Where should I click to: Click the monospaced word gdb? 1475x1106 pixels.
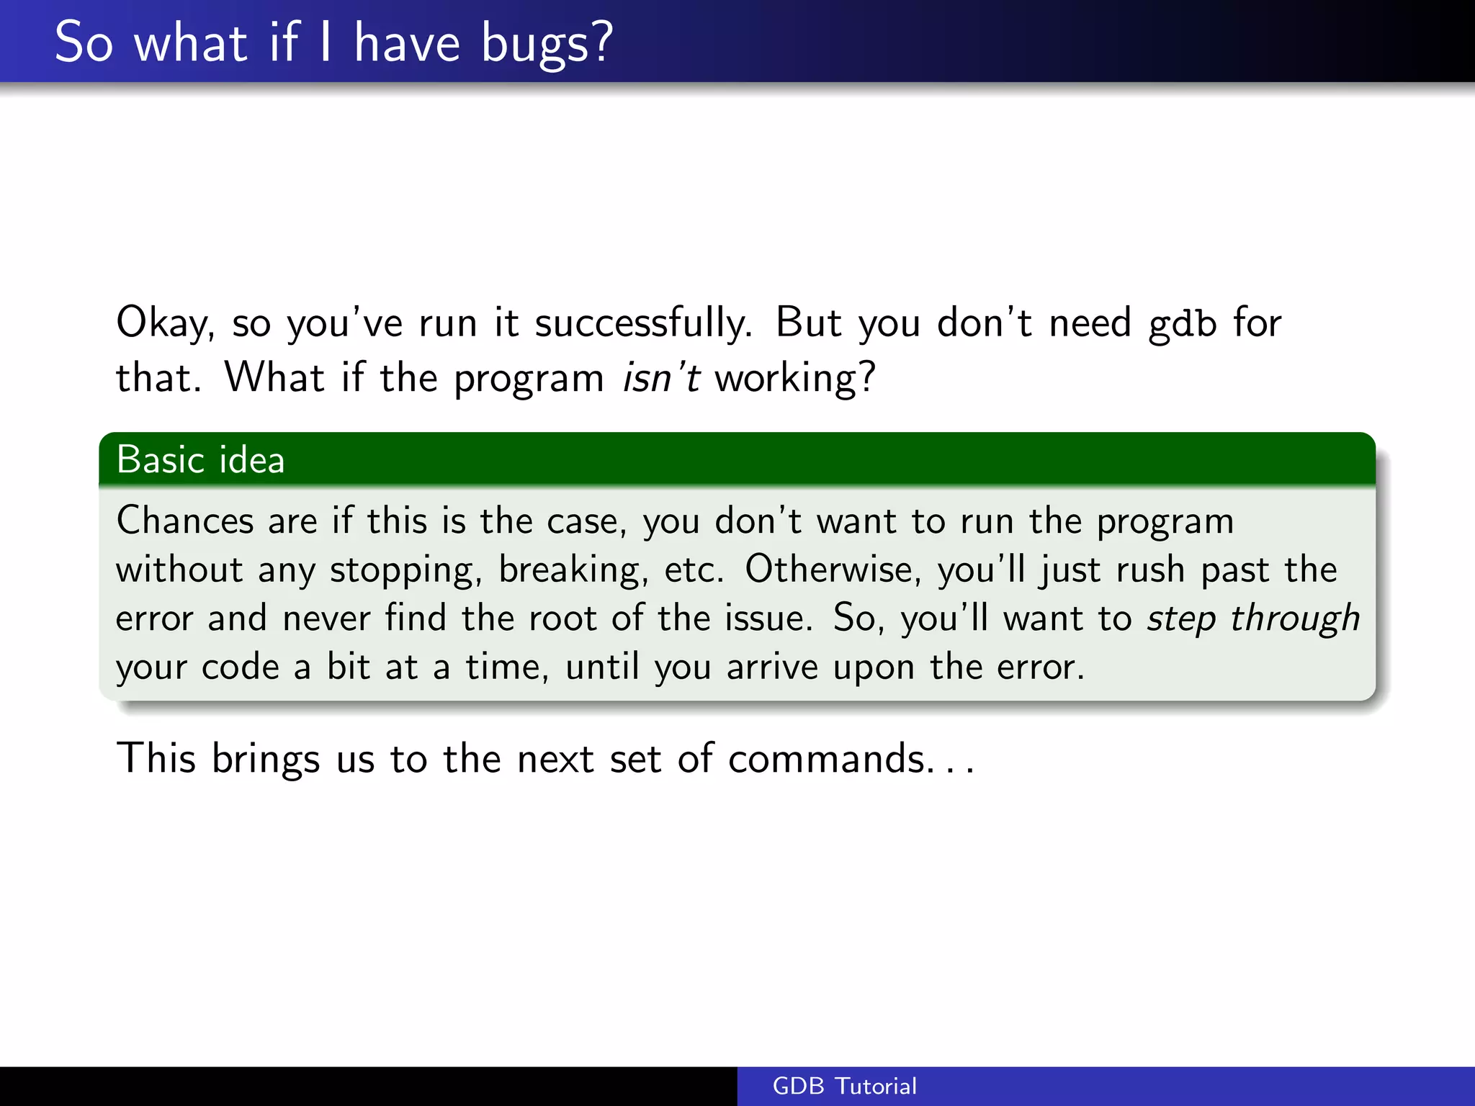pyautogui.click(x=1182, y=323)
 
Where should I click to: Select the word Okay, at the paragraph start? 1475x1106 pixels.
pyautogui.click(x=165, y=323)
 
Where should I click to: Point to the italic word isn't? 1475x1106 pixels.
pyautogui.click(x=660, y=377)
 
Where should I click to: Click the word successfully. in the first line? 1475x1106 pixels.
pyautogui.click(x=643, y=323)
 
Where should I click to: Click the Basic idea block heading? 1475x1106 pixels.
pyautogui.click(x=200, y=459)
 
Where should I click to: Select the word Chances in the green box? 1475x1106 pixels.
pyautogui.click(x=185, y=520)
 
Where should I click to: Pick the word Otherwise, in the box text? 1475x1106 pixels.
pyautogui.click(x=833, y=569)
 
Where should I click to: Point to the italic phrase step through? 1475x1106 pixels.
pyautogui.click(x=1253, y=619)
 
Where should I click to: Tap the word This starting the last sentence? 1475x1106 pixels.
pyautogui.click(x=156, y=758)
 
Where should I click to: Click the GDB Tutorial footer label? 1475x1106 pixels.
pyautogui.click(x=844, y=1086)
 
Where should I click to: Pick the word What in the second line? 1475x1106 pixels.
pyautogui.click(x=274, y=377)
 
